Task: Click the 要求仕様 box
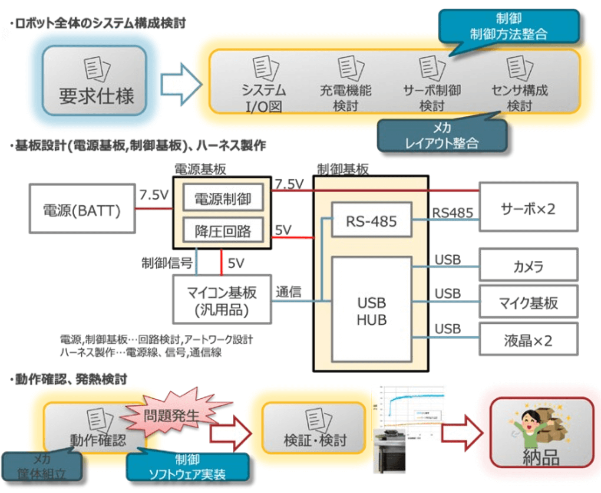click(95, 81)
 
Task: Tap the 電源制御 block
click(223, 198)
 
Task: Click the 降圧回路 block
click(223, 230)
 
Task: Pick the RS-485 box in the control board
click(371, 220)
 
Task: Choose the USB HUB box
click(371, 309)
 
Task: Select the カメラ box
click(528, 265)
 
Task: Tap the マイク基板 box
click(528, 302)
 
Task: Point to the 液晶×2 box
click(528, 339)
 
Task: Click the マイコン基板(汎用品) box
click(222, 299)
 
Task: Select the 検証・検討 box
click(314, 429)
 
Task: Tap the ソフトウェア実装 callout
click(188, 467)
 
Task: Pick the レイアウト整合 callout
click(442, 135)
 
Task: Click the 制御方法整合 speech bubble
click(509, 26)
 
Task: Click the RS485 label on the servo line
click(452, 213)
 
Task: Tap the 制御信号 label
click(167, 263)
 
